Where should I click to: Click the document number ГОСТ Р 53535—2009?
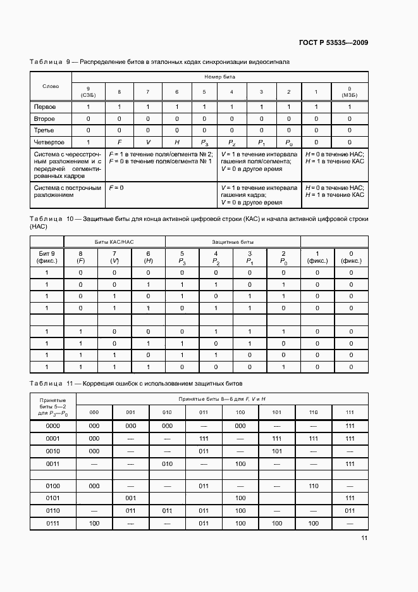click(x=333, y=42)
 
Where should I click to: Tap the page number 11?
click(x=364, y=538)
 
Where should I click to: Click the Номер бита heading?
click(x=218, y=76)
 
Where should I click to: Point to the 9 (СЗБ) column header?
click(x=88, y=92)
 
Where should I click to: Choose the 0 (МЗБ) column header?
click(x=349, y=92)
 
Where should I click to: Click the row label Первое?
click(x=45, y=107)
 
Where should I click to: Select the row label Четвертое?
click(x=49, y=142)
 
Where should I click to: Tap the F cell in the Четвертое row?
click(x=119, y=142)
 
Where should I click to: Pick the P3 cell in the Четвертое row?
click(x=204, y=142)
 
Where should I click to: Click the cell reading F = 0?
click(x=116, y=188)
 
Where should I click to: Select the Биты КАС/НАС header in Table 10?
click(x=114, y=242)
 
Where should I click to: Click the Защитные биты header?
click(x=224, y=242)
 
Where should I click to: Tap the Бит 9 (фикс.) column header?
click(x=47, y=256)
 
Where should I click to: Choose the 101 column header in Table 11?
click(x=276, y=412)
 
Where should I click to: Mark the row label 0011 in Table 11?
click(x=53, y=464)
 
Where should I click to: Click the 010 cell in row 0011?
click(x=167, y=464)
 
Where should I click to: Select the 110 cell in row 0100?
click(x=313, y=486)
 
